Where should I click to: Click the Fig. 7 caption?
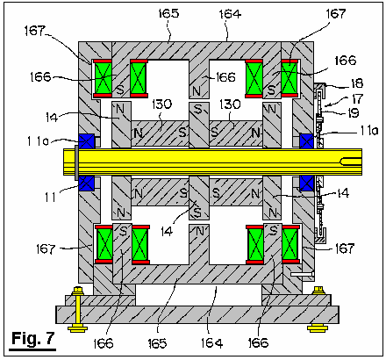[32, 339]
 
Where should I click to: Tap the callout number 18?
[357, 83]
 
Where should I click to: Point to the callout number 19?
[354, 113]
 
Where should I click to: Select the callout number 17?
[357, 98]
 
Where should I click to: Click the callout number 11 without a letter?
[50, 198]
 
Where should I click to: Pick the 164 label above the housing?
[230, 14]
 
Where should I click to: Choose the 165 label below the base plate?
[157, 343]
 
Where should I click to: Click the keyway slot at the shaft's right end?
[350, 162]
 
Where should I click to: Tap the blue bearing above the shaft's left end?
[86, 141]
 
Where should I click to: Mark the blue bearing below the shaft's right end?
[307, 184]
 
